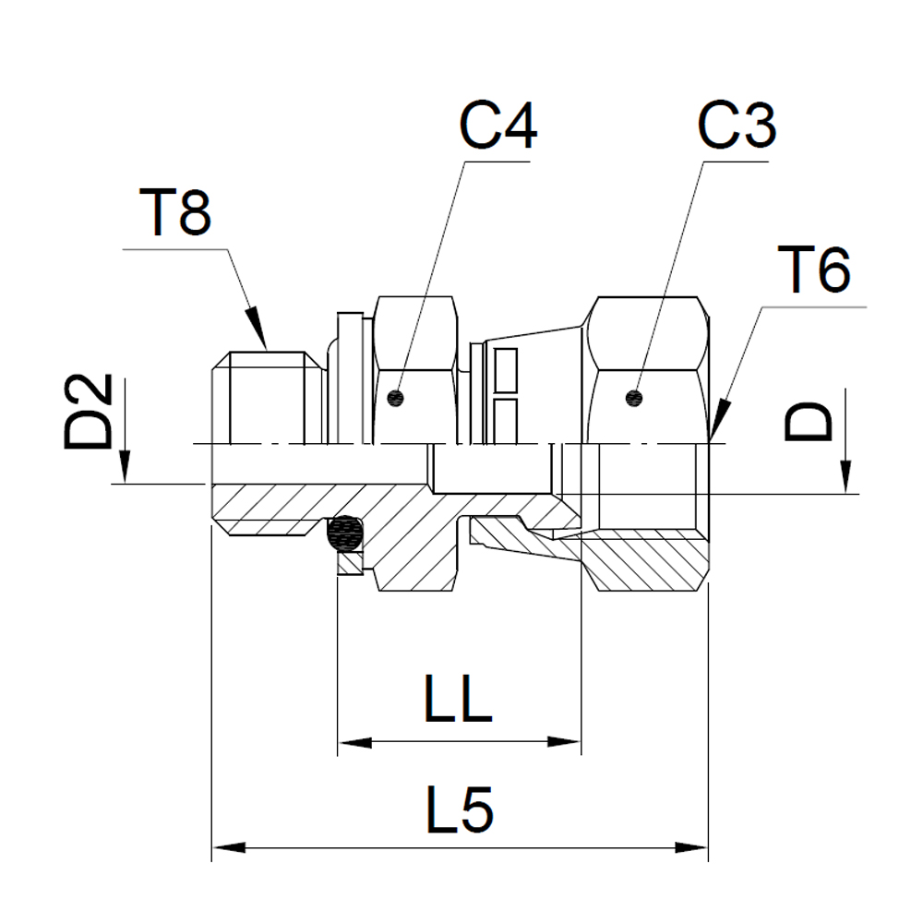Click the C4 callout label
pos(498,126)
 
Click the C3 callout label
pos(737,126)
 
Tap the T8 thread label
pos(174,212)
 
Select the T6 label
pos(814,270)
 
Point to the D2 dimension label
pos(88,411)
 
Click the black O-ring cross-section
pos(346,533)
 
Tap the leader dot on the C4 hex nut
pos(396,399)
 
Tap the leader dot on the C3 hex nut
pos(633,399)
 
